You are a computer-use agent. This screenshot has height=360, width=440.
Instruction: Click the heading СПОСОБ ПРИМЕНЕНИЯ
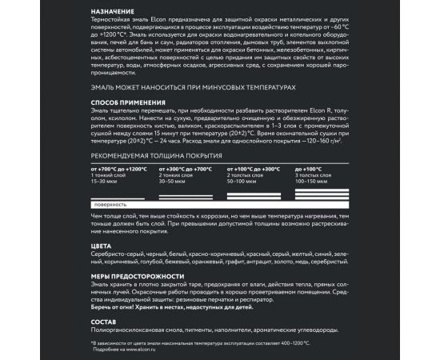[128, 102]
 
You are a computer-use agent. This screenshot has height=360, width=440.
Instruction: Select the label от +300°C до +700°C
[186, 170]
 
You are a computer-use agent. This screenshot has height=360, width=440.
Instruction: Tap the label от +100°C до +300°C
[254, 170]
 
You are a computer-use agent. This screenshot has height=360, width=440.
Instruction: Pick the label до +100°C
[309, 170]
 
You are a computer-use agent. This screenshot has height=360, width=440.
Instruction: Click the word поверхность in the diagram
[110, 205]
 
